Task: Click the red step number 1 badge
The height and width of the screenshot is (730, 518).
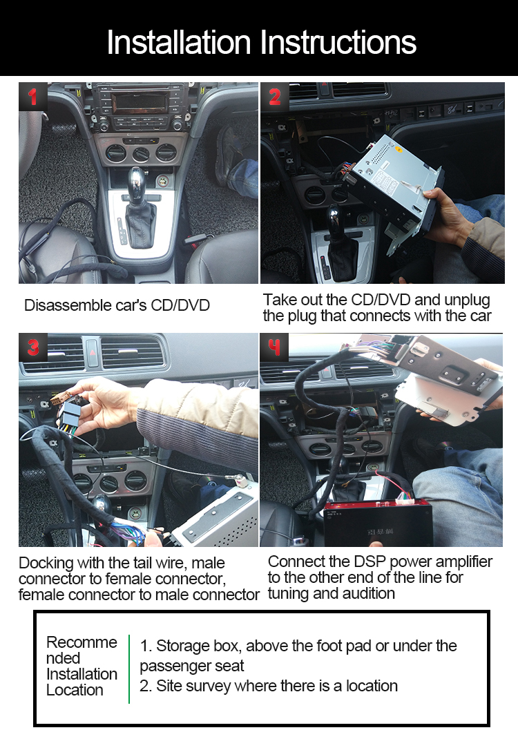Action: [32, 97]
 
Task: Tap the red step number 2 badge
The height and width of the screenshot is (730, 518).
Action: [275, 97]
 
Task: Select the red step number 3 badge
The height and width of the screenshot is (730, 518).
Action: [32, 347]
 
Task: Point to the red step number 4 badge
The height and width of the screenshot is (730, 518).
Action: [275, 347]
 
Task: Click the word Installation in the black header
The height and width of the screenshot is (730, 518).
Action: [179, 42]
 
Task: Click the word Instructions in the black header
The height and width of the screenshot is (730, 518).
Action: [338, 42]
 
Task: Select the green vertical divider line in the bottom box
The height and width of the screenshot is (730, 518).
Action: [129, 669]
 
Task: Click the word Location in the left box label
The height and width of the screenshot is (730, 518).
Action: [75, 690]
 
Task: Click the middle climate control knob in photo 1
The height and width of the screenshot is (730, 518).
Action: [141, 153]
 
